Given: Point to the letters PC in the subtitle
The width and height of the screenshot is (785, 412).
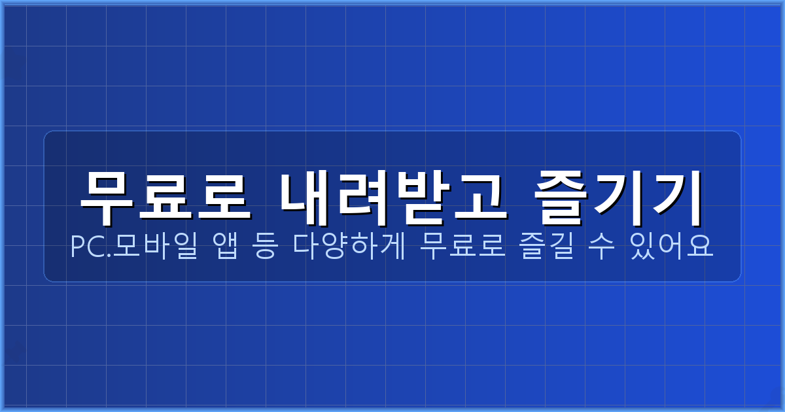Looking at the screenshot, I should tap(86, 248).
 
